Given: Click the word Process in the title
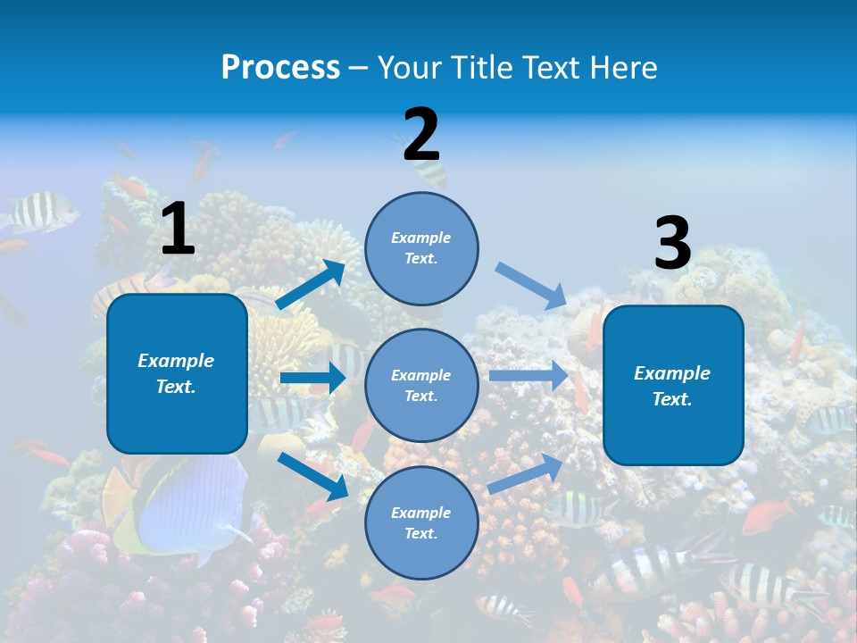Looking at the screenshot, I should point(280,68).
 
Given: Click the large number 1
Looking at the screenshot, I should point(178,229).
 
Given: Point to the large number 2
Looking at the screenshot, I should point(421,135).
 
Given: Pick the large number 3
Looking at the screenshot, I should point(673,244).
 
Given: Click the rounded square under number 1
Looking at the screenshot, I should point(177,373).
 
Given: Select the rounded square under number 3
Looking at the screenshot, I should point(673,386).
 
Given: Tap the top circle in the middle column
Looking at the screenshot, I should point(421,248).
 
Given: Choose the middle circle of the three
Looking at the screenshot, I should point(421,386).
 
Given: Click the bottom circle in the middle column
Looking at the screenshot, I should point(421,523).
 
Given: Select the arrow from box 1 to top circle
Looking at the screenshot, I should point(311,285).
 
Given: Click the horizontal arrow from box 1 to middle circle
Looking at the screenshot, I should point(312,379).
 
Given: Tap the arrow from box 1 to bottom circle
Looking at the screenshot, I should point(313,476).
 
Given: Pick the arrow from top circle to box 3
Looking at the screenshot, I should point(531,285).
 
